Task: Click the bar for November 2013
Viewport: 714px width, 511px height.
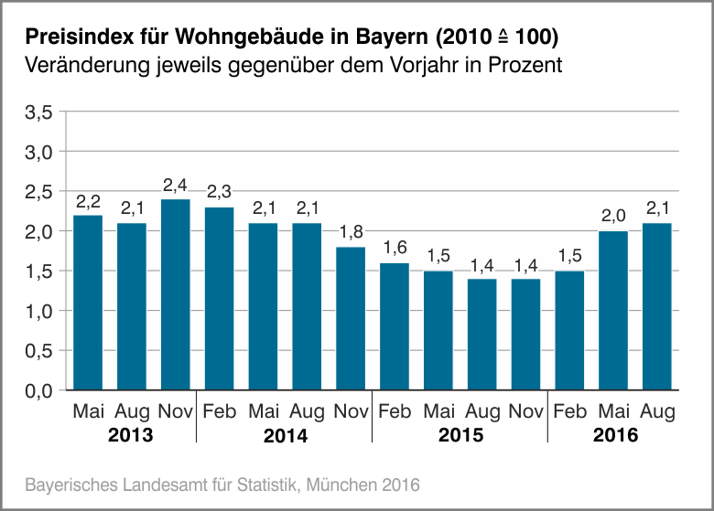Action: pyautogui.click(x=175, y=294)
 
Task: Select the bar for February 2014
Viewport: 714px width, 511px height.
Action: pyautogui.click(x=219, y=299)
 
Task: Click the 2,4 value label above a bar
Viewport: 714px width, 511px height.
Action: pyautogui.click(x=175, y=186)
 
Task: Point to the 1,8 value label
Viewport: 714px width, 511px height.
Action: pyautogui.click(x=351, y=233)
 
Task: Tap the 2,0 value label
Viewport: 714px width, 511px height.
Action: pyautogui.click(x=613, y=218)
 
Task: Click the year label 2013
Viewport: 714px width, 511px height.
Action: pyautogui.click(x=131, y=435)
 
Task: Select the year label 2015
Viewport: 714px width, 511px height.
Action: pyautogui.click(x=460, y=435)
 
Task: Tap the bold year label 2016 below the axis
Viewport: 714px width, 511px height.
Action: pyautogui.click(x=615, y=435)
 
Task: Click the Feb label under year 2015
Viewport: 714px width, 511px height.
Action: pyautogui.click(x=395, y=412)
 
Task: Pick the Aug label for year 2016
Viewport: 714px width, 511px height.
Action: pyautogui.click(x=657, y=412)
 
